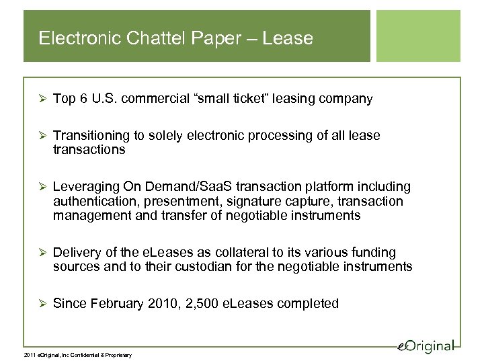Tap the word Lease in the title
[289, 38]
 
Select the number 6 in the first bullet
[82, 99]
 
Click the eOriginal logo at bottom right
[424, 345]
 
